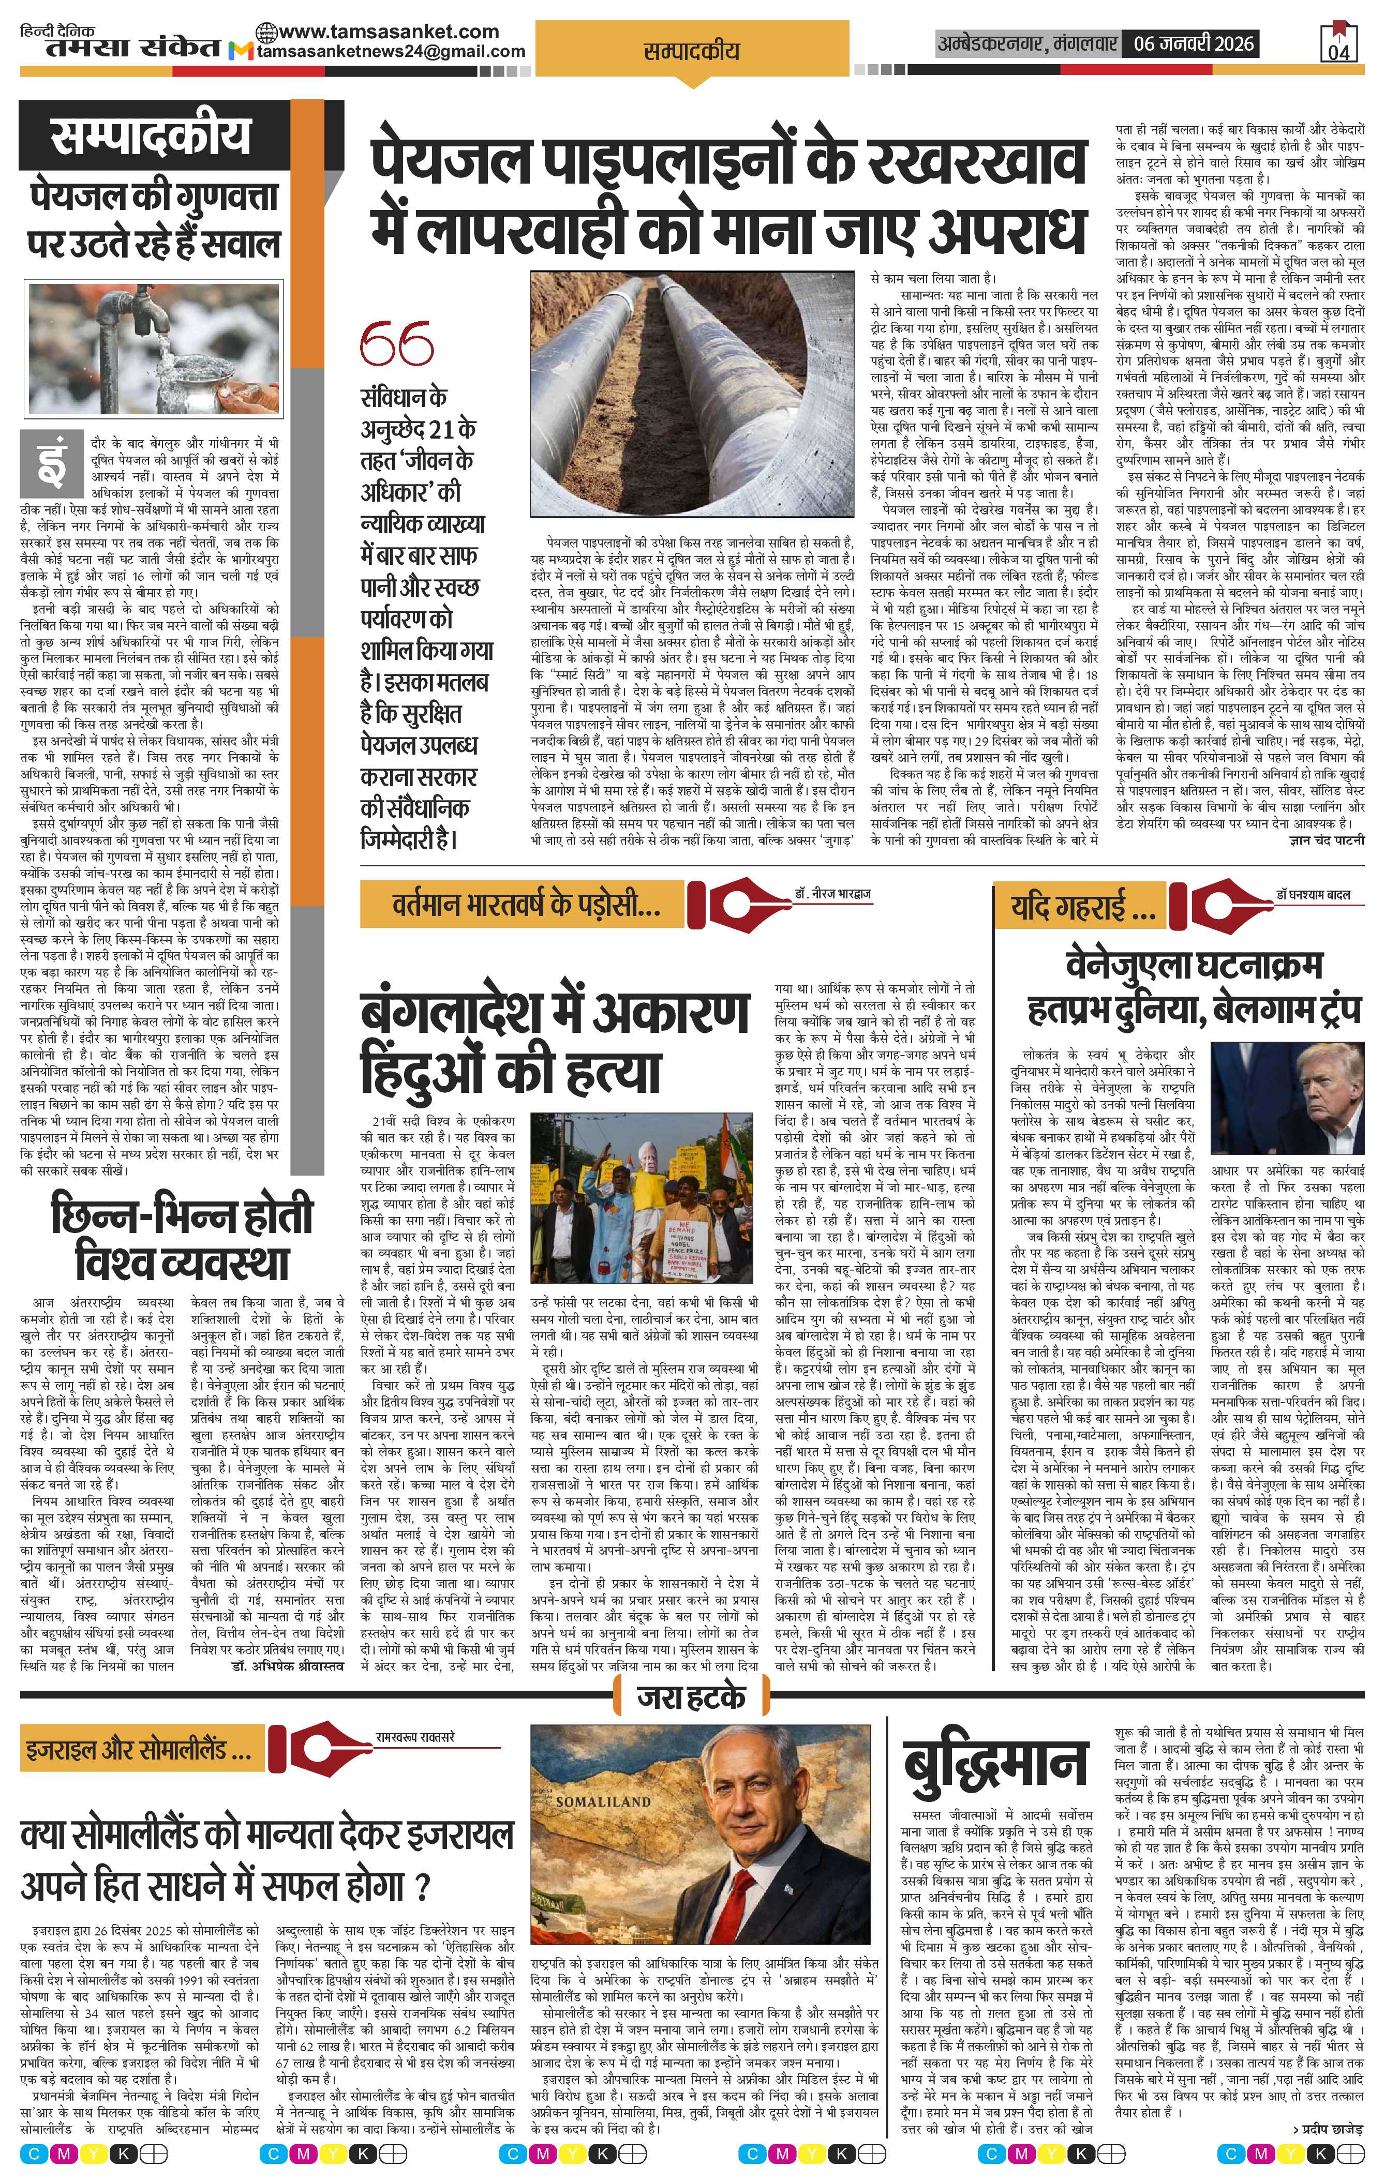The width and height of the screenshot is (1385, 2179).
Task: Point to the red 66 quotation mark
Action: click(x=396, y=345)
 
